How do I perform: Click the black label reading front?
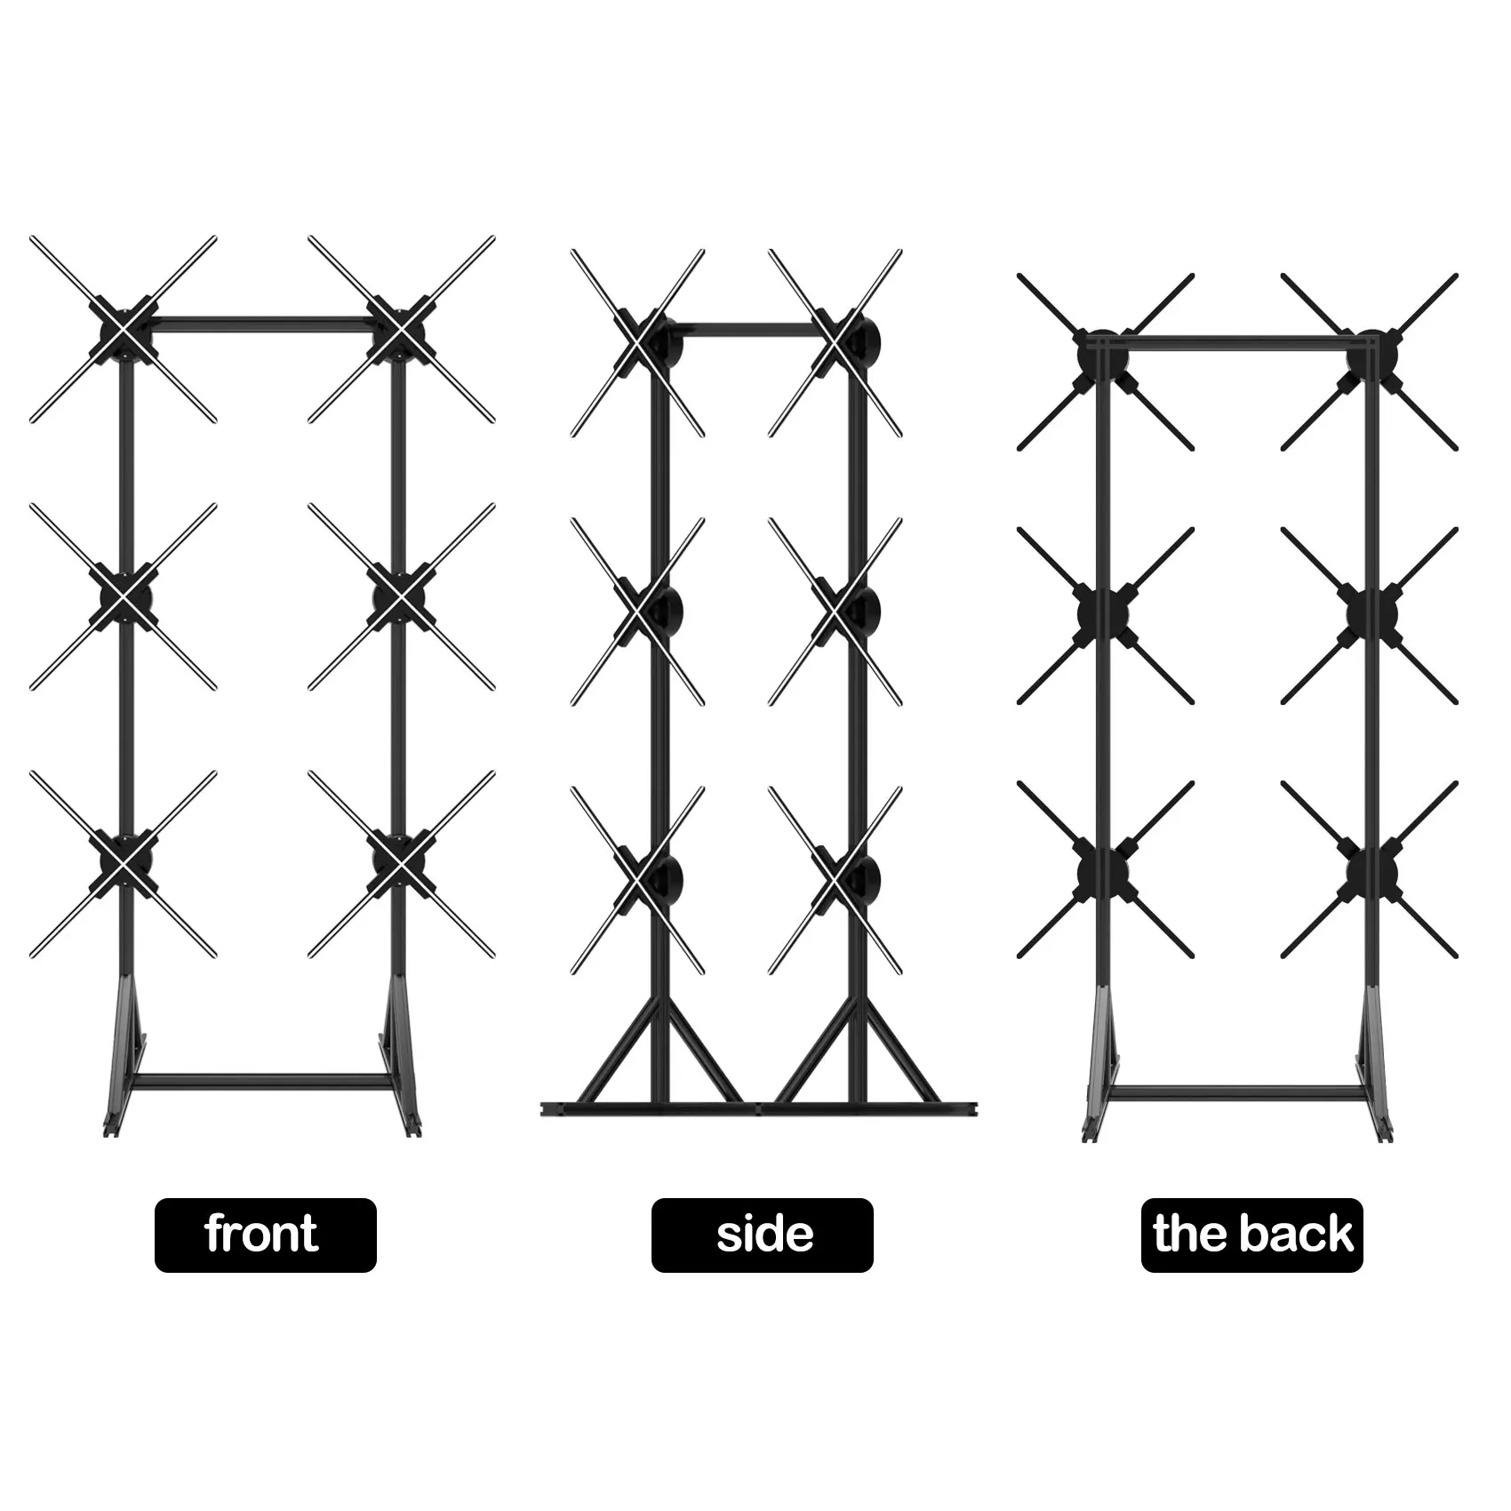click(265, 1235)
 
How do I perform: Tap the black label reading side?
click(762, 1235)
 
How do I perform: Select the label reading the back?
click(1251, 1235)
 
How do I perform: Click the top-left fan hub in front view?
click(124, 330)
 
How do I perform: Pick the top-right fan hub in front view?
click(401, 330)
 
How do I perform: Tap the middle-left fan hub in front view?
click(124, 596)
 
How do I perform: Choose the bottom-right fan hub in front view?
click(401, 863)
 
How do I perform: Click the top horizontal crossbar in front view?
click(262, 320)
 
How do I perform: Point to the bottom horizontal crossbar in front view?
click(262, 1082)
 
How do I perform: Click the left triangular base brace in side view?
click(658, 1058)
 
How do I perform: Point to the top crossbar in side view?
click(751, 331)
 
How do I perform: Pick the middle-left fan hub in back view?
click(1102, 613)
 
